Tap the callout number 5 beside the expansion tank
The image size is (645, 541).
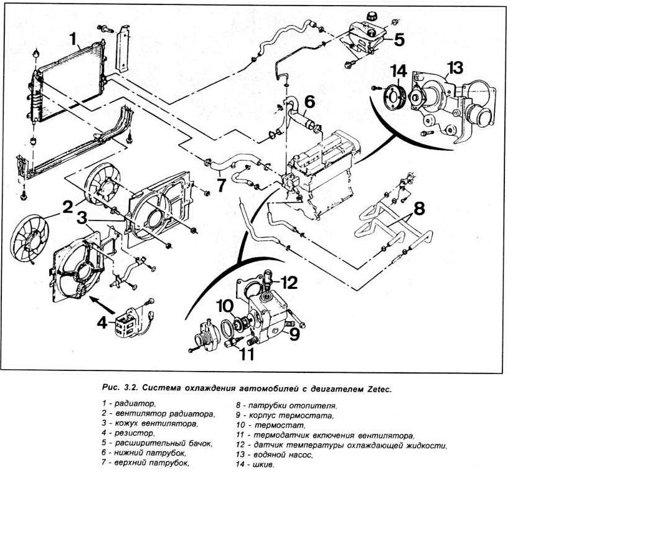399,40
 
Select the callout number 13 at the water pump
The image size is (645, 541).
455,68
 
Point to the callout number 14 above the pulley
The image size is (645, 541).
399,72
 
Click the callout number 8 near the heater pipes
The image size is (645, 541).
420,209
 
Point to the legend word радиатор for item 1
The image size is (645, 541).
131,404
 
